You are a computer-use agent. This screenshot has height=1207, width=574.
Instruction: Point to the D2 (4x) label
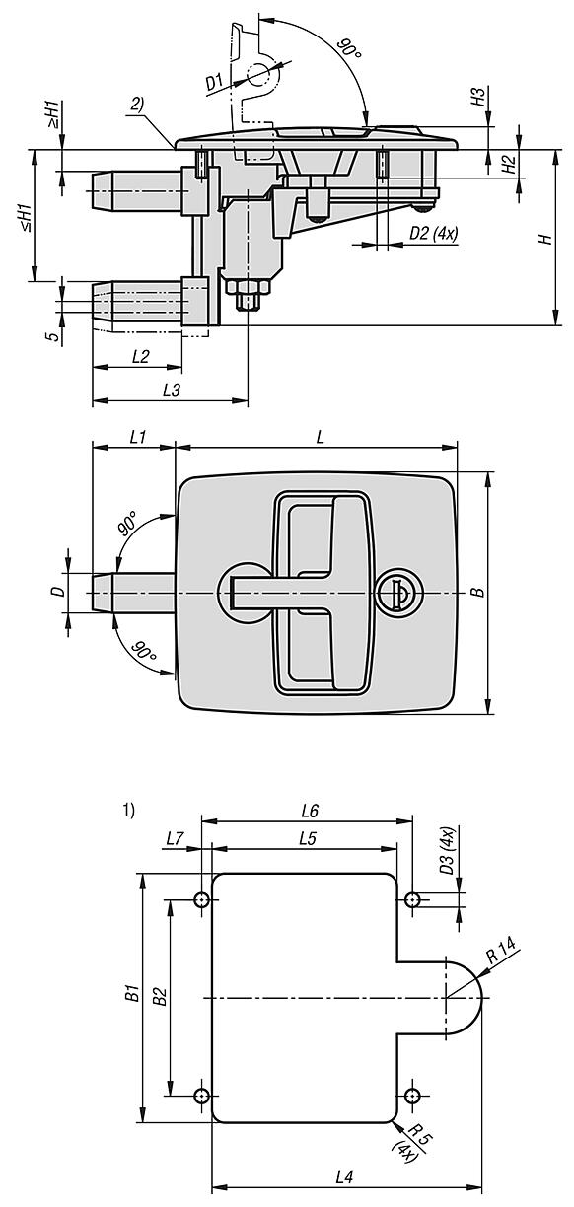[434, 234]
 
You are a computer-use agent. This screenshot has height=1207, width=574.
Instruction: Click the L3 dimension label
[171, 390]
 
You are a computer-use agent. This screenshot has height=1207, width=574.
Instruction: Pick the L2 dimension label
[140, 356]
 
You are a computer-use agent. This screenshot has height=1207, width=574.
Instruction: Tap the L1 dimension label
[138, 437]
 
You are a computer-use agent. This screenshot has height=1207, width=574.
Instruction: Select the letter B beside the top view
[477, 593]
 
